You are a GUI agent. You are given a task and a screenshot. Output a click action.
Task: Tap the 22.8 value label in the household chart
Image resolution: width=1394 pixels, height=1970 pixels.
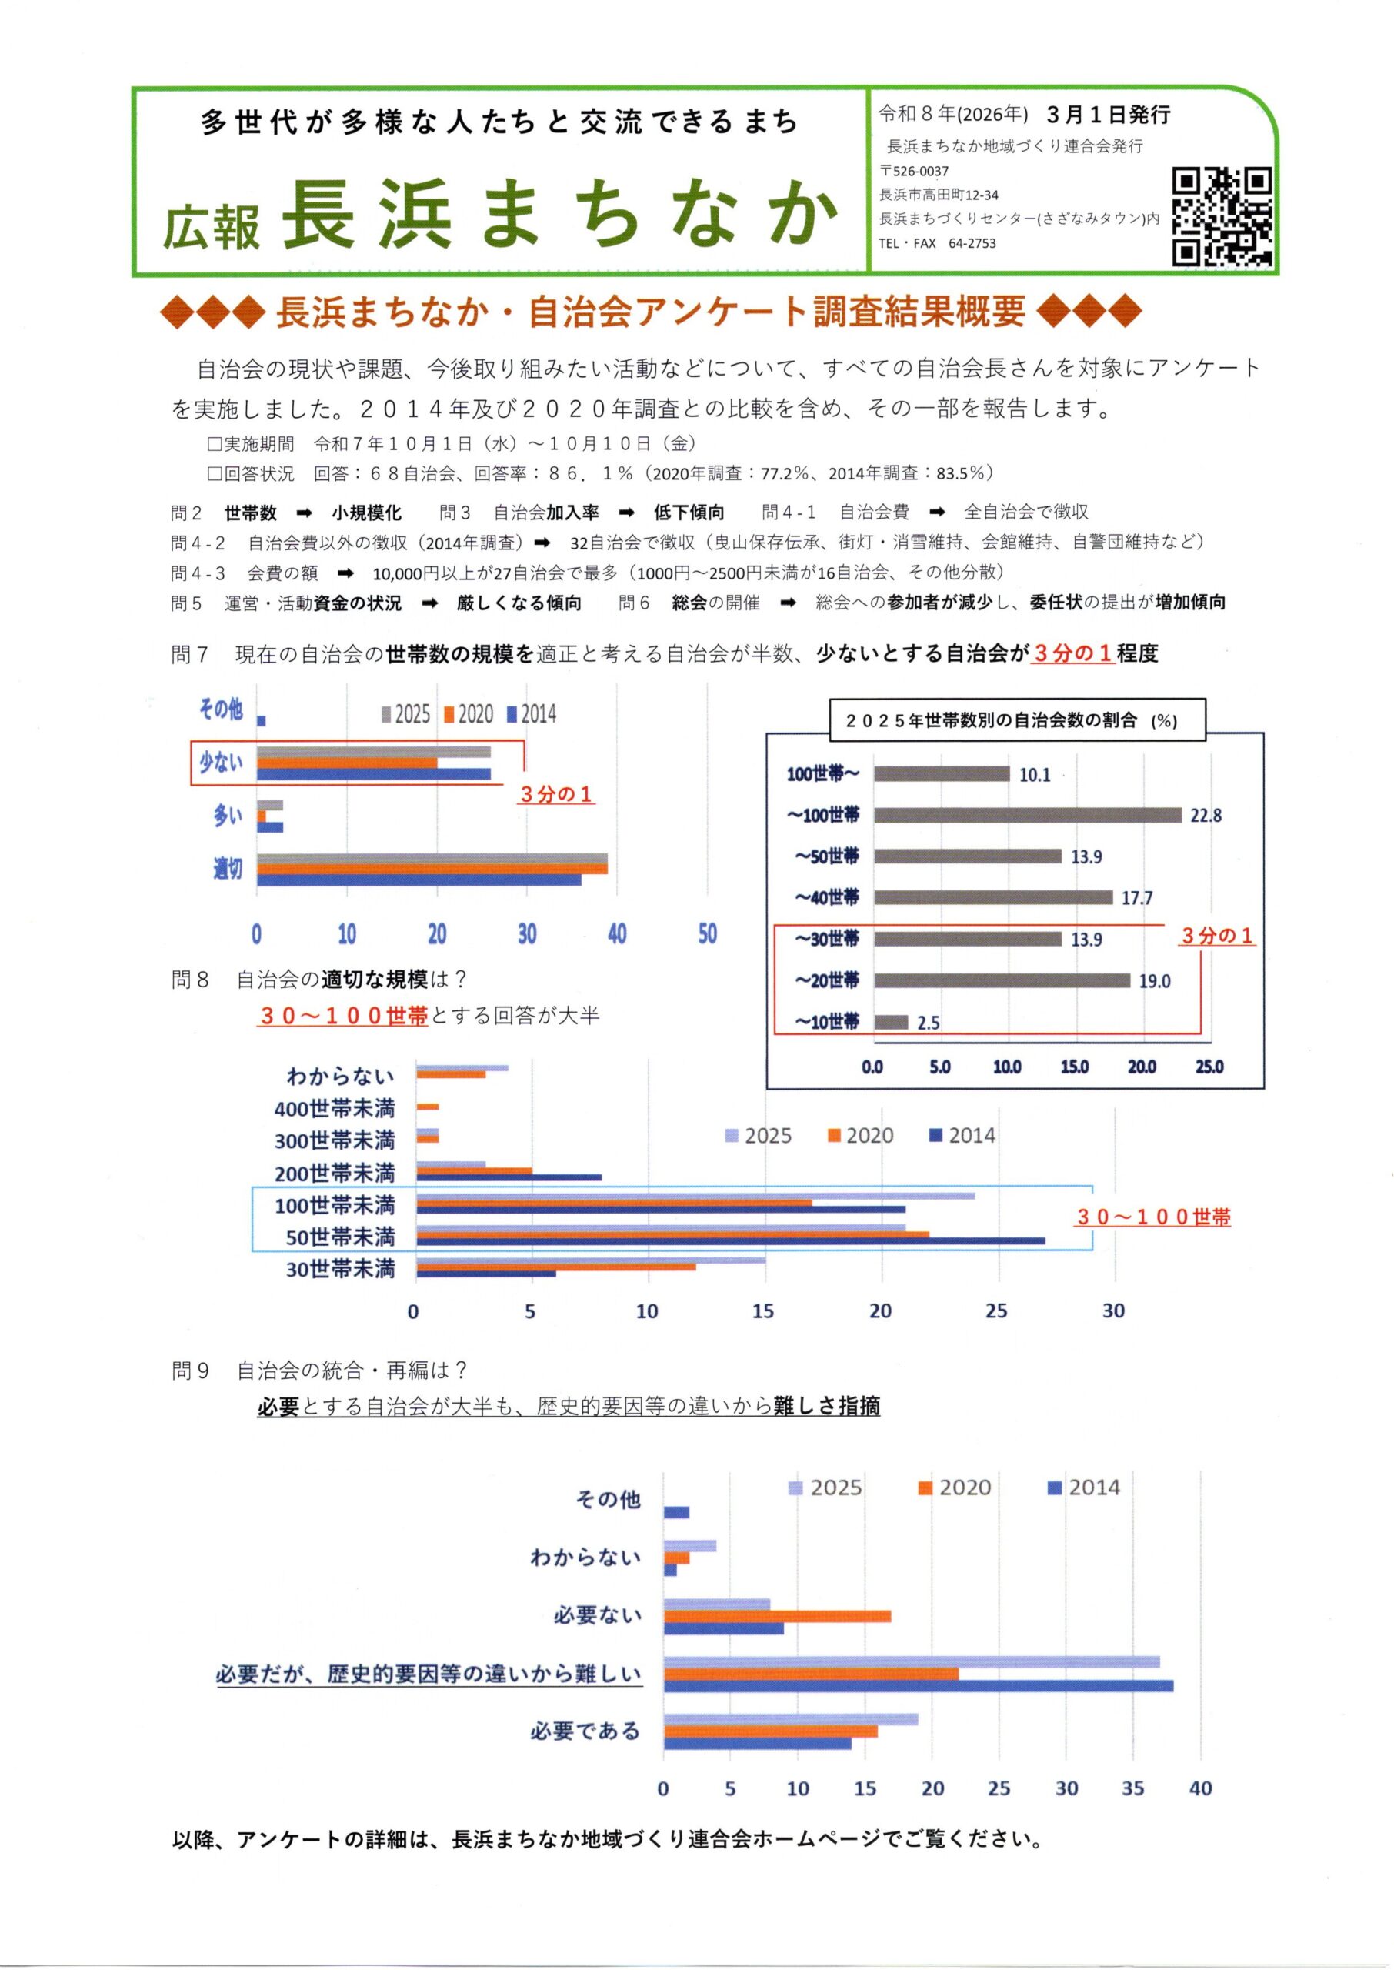click(x=1206, y=816)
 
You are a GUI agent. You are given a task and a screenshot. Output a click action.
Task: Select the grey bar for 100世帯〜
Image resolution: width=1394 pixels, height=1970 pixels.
click(x=942, y=774)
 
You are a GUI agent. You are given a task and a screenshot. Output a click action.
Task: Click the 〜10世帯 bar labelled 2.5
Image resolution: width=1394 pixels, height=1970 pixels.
click(x=891, y=1023)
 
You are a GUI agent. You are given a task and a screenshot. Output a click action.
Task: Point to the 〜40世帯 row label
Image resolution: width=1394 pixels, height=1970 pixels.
click(x=826, y=898)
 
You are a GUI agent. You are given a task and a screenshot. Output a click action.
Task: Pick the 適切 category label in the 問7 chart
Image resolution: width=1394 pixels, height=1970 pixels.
click(x=228, y=869)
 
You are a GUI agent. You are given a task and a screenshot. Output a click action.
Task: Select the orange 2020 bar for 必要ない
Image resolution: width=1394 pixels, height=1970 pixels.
click(x=777, y=1616)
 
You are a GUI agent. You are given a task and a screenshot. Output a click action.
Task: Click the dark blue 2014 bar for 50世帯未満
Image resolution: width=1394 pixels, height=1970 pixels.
click(x=731, y=1240)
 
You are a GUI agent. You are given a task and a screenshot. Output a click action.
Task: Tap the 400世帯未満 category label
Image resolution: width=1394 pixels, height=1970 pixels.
click(x=334, y=1108)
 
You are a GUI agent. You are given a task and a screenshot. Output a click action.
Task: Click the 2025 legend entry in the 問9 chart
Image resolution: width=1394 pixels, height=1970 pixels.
click(x=825, y=1488)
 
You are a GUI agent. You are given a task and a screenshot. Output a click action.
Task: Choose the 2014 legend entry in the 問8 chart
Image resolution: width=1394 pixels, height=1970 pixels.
click(x=962, y=1136)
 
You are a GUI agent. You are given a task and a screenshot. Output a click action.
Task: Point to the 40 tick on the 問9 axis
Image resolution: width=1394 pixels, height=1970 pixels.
click(x=1200, y=1788)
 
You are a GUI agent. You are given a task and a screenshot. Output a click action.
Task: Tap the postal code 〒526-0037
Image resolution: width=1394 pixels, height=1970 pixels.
click(x=914, y=171)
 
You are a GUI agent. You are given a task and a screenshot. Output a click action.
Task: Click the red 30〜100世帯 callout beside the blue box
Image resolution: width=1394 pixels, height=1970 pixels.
click(x=1154, y=1217)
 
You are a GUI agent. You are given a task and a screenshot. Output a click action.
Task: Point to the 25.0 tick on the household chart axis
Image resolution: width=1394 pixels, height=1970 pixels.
click(x=1209, y=1067)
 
